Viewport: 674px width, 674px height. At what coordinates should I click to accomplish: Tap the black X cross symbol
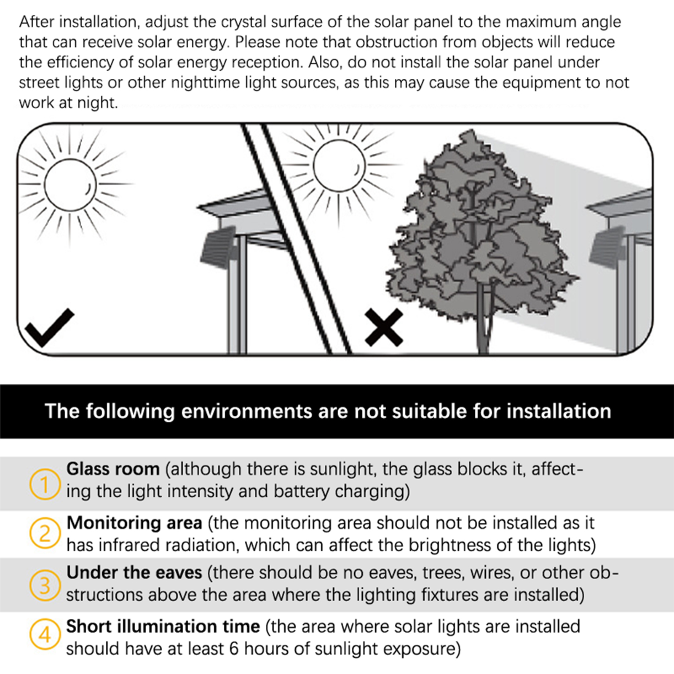point(383,327)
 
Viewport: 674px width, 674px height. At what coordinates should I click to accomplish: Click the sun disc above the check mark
point(70,185)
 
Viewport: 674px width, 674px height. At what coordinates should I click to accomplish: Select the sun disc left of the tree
point(339,166)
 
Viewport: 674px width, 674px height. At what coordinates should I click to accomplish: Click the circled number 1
point(45,484)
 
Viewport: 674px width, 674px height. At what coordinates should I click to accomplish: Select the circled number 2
point(45,533)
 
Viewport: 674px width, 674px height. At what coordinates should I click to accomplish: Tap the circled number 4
point(45,634)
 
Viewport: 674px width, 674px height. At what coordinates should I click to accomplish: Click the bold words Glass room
point(113,469)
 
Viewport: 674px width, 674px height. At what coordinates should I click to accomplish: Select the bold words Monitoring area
point(134,523)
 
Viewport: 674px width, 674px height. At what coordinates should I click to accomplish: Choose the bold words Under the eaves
point(134,573)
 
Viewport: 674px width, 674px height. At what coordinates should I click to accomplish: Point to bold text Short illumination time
point(163,626)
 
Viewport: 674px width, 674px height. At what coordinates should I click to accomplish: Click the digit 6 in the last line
point(234,648)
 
